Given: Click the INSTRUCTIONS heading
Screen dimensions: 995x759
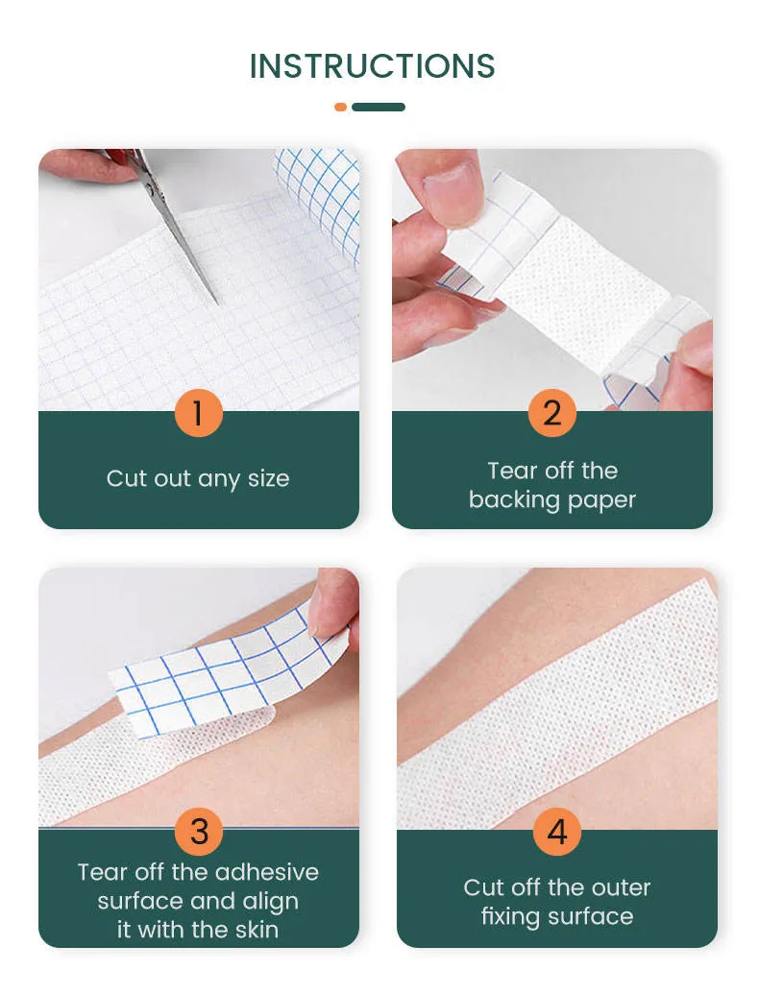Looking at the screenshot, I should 372,66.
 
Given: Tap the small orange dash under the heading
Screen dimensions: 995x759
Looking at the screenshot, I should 340,108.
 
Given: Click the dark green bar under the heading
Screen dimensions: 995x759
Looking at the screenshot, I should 379,108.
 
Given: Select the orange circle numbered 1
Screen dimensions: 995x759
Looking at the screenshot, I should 199,413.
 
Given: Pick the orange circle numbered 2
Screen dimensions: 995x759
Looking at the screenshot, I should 551,413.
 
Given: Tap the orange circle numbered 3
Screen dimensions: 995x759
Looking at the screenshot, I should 199,831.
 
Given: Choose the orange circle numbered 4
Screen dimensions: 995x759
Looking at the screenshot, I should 557,832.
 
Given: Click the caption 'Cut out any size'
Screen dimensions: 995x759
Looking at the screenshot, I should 198,478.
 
